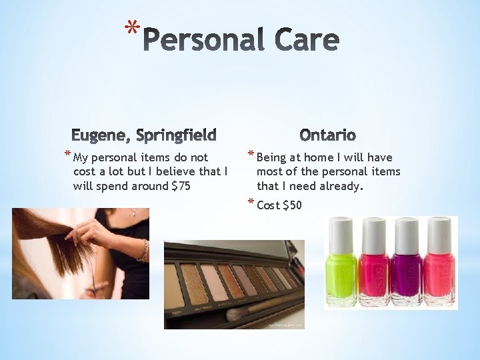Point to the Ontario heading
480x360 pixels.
click(327, 135)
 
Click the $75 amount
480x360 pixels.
click(181, 186)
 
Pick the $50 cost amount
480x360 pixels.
click(292, 205)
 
